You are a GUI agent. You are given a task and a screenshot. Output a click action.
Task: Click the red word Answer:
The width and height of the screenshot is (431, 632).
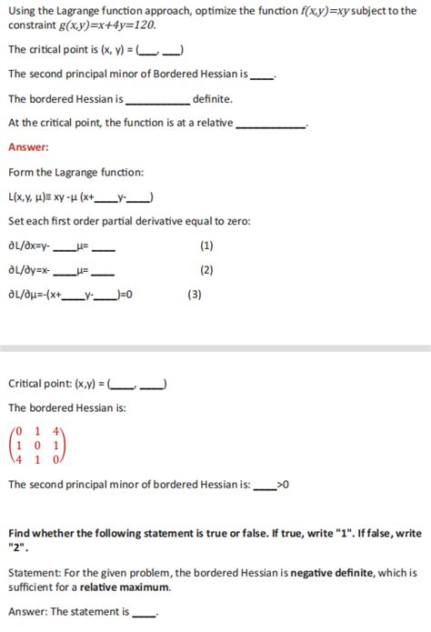point(28,147)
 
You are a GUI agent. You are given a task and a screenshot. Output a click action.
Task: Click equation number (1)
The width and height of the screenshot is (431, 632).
point(206,246)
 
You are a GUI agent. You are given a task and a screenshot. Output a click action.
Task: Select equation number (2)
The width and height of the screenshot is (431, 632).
point(206,270)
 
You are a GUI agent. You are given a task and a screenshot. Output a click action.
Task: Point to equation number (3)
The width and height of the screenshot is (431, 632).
point(195,294)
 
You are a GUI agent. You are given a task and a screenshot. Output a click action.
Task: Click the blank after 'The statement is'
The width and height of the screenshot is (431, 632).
point(144,613)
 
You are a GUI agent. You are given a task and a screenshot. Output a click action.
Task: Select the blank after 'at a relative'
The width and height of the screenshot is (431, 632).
point(271,123)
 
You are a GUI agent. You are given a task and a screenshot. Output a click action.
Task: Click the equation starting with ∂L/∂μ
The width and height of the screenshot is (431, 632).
point(71,294)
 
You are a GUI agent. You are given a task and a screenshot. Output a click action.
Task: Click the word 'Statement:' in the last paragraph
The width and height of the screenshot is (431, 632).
point(35,573)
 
